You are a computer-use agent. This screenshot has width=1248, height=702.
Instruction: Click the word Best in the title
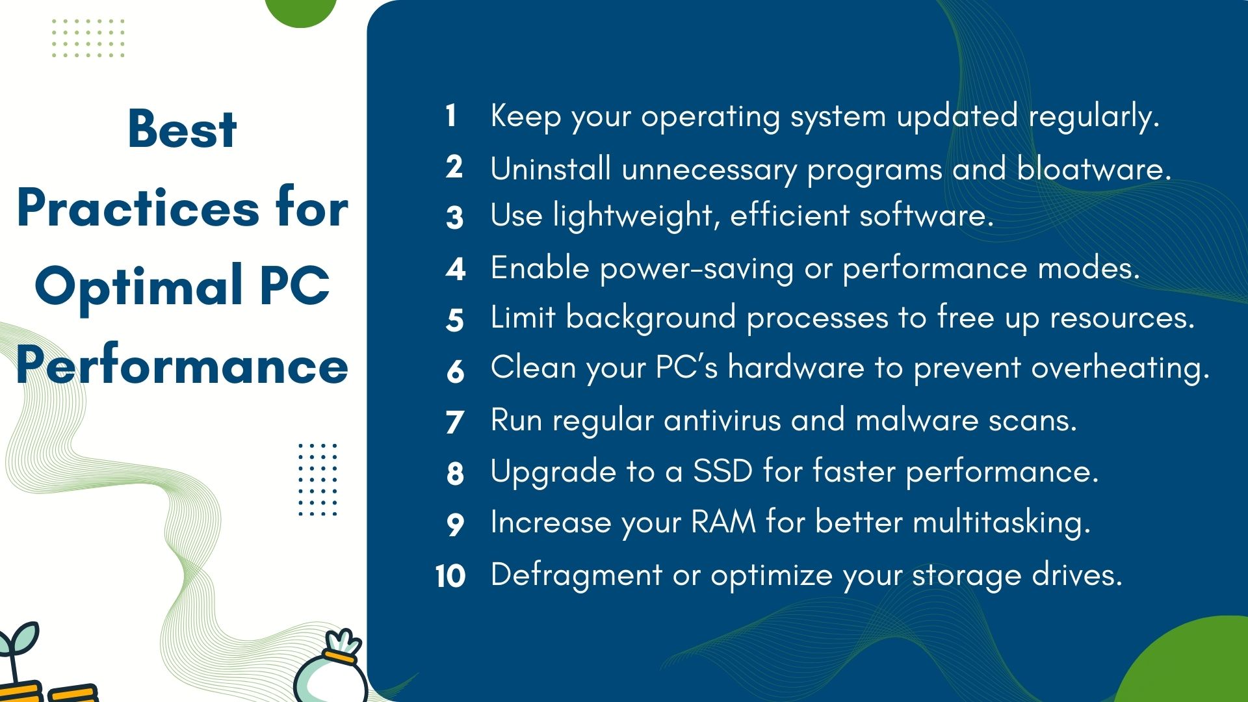point(182,129)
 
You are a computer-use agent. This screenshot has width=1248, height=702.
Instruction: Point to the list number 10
point(450,576)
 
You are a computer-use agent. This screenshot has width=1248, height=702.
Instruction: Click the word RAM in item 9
point(723,521)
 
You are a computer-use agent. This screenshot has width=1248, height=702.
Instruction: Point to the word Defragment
point(577,575)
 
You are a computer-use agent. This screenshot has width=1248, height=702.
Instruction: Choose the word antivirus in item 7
point(722,420)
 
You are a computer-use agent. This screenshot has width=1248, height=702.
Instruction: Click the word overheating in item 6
point(1120,369)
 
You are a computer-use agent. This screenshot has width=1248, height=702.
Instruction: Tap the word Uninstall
point(551,168)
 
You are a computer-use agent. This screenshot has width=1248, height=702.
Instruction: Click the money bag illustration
point(330,669)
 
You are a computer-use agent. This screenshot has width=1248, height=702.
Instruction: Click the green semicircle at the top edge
point(301,12)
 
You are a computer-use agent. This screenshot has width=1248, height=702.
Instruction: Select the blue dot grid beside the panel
point(318,480)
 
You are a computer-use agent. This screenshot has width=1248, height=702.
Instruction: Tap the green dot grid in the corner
point(88,38)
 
